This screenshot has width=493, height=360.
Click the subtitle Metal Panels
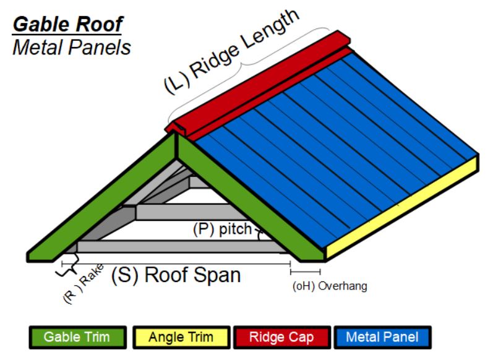pos(71,48)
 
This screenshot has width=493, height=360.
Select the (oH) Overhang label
pos(330,286)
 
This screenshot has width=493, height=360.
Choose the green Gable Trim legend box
pos(77,337)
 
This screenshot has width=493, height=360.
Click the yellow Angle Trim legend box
pos(181,337)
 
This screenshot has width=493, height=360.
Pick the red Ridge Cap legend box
pos(281,337)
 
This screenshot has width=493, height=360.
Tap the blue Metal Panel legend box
pos(382,337)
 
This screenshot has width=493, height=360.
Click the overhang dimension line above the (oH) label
pos(306,271)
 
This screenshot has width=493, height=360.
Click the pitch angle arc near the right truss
pos(260,234)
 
